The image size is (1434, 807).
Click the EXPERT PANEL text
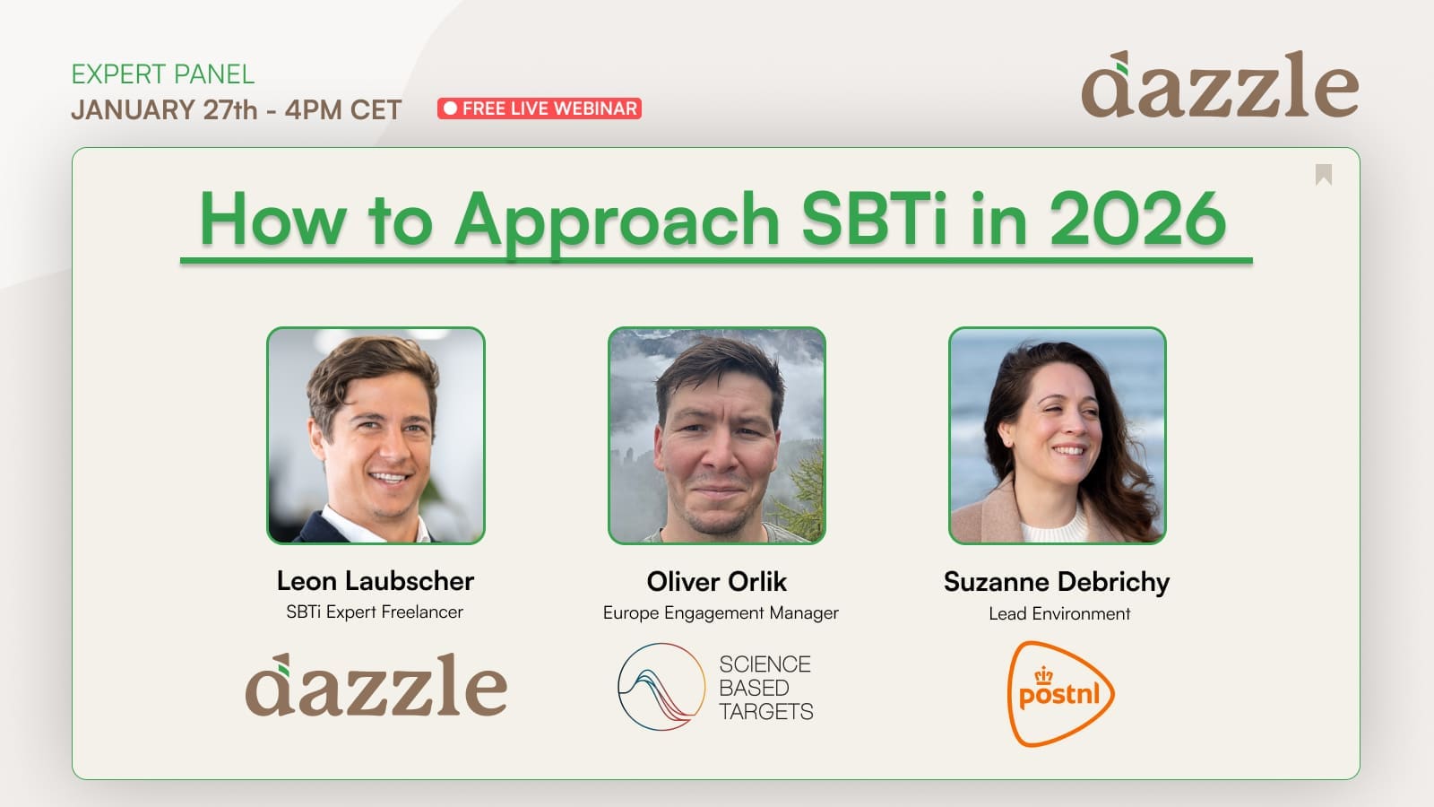click(162, 74)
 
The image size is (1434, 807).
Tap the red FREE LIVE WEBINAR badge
click(540, 108)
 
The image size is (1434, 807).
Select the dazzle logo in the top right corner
click(1220, 84)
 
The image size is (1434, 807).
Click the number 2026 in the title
click(1138, 219)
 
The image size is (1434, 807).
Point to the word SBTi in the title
click(874, 219)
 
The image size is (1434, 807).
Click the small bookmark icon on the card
click(1324, 174)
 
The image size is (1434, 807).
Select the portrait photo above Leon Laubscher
click(376, 436)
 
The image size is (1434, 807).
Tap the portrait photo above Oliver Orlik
click(717, 436)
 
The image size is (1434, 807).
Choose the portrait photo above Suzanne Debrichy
click(1058, 436)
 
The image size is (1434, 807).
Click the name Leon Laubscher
click(376, 581)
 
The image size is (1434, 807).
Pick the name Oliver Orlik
click(717, 582)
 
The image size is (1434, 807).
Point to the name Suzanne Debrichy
click(1057, 582)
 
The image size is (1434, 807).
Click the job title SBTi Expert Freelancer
click(375, 612)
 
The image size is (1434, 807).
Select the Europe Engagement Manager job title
click(721, 613)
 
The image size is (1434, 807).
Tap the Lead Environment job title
click(1059, 613)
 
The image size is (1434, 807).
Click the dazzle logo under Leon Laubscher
click(376, 685)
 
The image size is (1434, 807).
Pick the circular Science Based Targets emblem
click(661, 687)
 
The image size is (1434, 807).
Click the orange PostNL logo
click(1061, 694)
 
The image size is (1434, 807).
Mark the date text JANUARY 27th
click(164, 109)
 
